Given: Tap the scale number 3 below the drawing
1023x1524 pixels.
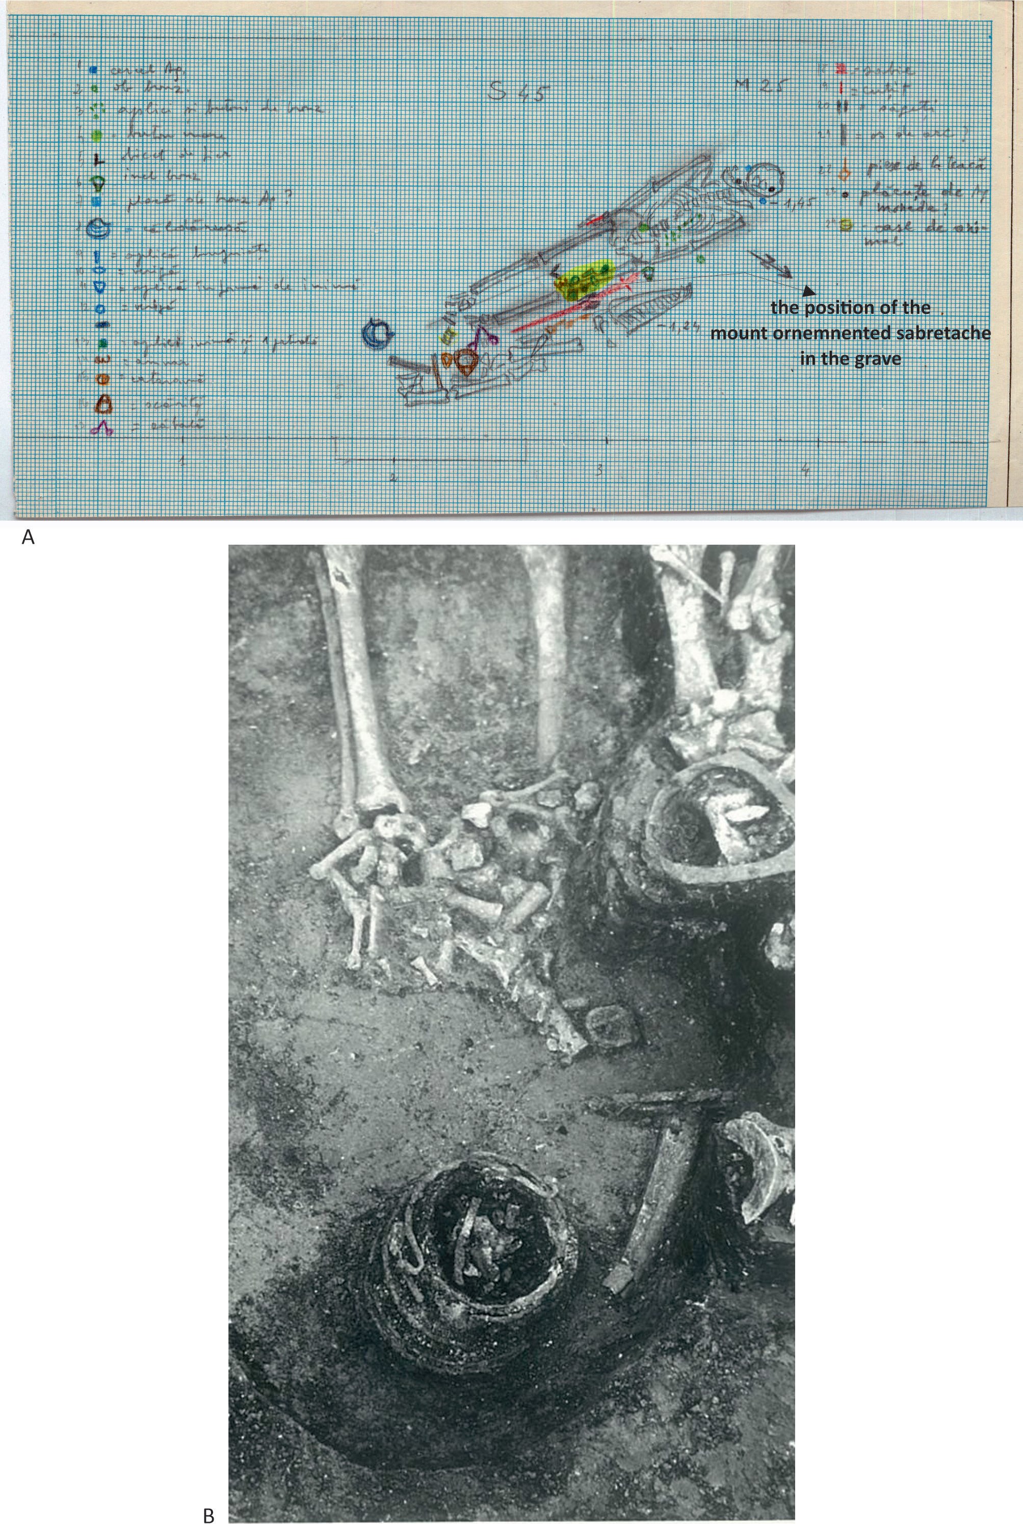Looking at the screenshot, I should tap(599, 469).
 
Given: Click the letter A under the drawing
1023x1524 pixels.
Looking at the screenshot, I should tap(28, 538).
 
